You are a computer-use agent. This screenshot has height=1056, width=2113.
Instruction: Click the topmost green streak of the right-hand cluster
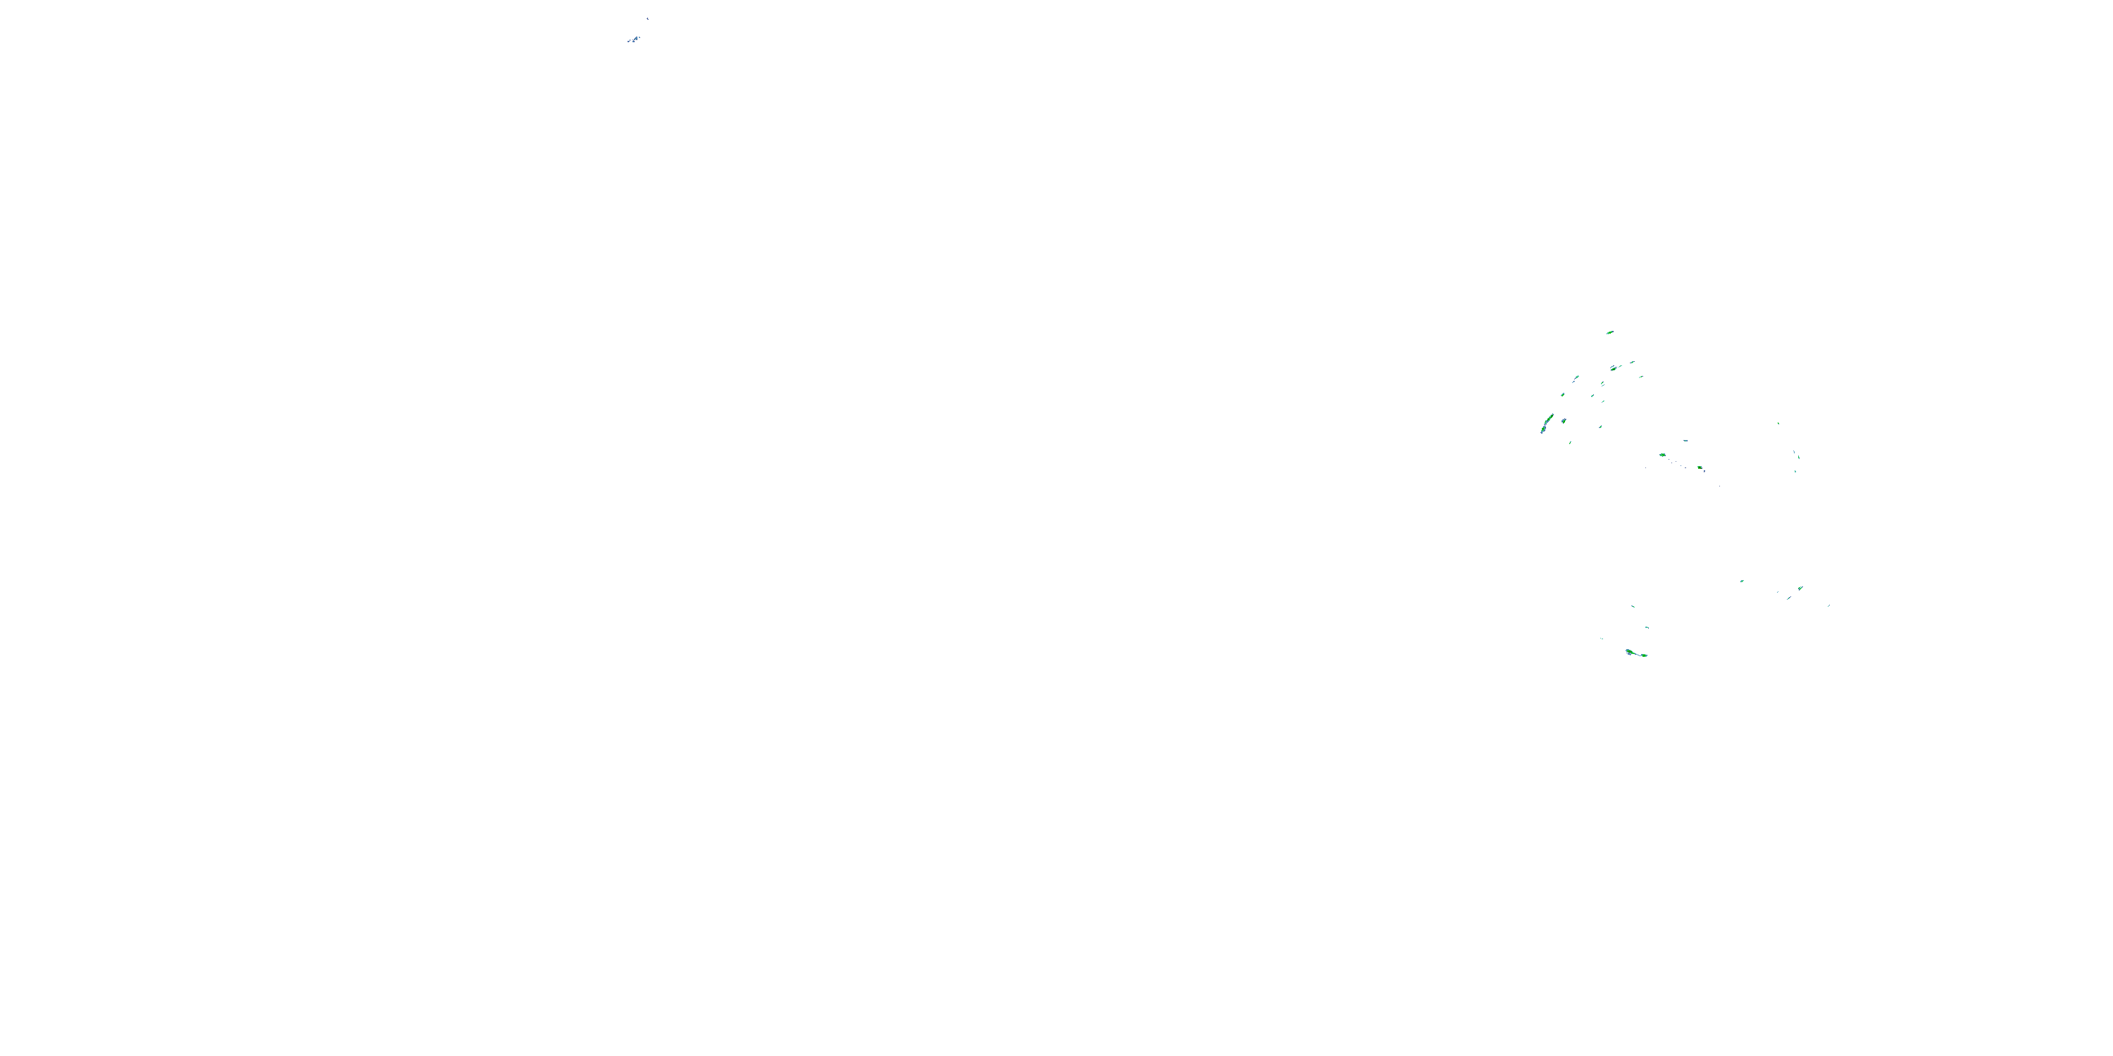(x=1609, y=332)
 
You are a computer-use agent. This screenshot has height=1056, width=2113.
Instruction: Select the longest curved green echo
(x=1546, y=424)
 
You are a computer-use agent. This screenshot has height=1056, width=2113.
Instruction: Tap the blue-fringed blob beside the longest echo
(x=1564, y=420)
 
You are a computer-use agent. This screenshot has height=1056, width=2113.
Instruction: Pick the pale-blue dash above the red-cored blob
(x=1685, y=440)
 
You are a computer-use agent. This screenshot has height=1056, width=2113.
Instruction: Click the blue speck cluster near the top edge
(x=634, y=39)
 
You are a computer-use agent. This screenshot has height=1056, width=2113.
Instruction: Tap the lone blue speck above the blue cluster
(x=647, y=18)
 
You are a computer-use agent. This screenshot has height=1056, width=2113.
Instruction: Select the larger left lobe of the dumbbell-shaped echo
(x=1630, y=652)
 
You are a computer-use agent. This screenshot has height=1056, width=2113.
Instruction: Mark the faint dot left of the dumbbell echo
(x=1601, y=639)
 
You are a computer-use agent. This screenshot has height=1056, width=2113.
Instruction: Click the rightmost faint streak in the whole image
(x=1828, y=606)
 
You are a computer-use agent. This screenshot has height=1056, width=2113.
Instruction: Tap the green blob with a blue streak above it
(x=1614, y=369)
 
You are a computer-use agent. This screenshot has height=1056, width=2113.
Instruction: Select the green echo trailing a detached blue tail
(x=1576, y=378)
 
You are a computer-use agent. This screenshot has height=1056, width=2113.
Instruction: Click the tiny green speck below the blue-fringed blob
(x=1570, y=443)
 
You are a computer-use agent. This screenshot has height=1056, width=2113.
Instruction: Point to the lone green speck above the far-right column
(x=1778, y=423)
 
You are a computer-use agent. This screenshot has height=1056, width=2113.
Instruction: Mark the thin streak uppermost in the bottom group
(x=1633, y=606)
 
